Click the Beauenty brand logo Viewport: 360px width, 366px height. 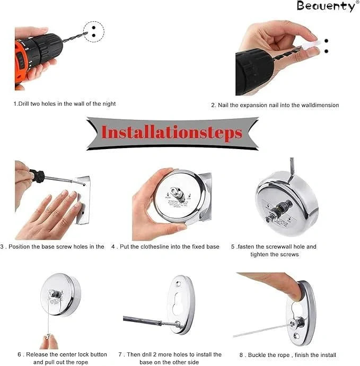(326, 6)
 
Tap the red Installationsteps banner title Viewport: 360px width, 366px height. (172, 132)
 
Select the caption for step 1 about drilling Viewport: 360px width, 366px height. (64, 103)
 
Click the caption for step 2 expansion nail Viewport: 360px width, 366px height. (275, 105)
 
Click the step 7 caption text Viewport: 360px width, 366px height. (170, 358)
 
